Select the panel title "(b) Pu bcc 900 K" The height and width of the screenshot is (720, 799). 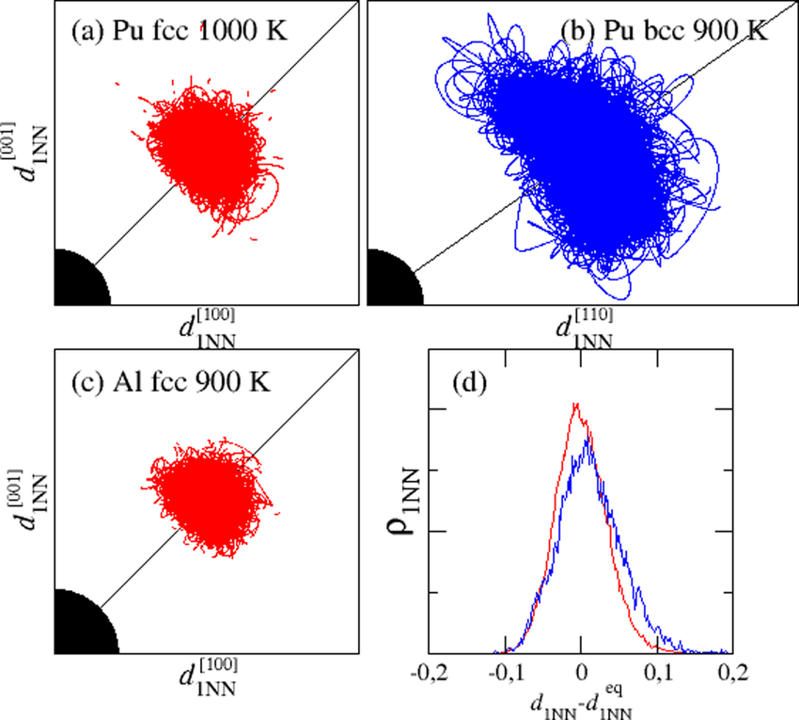point(664,30)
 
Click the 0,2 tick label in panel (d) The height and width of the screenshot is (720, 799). point(733,672)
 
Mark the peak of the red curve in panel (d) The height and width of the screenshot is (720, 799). point(575,406)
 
